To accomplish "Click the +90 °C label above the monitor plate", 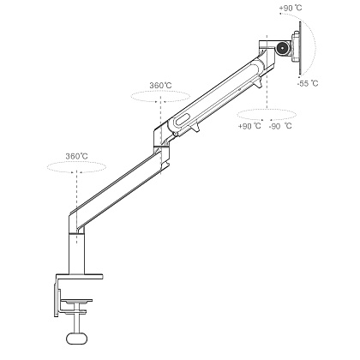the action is click(291, 8).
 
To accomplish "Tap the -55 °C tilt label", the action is click(308, 84).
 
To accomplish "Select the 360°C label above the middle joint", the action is click(160, 86).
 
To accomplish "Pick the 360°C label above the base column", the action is click(76, 156).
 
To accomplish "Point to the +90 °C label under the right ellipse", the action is click(249, 126).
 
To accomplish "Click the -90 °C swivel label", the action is click(280, 126).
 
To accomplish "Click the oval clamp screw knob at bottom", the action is click(76, 339).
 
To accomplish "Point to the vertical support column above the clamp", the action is click(76, 255).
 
